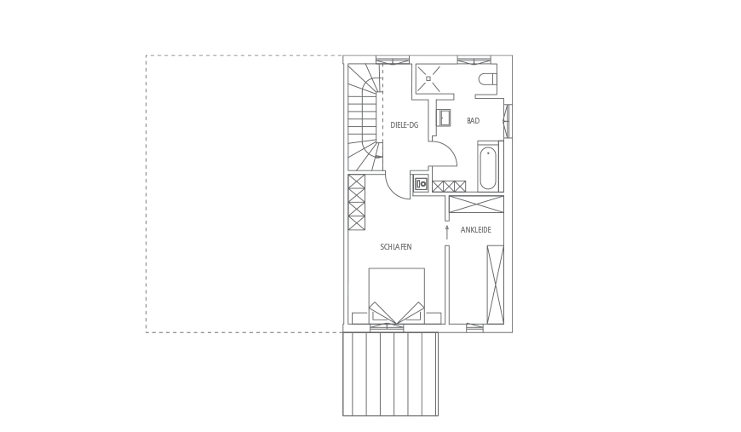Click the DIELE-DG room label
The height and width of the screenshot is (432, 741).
point(404,125)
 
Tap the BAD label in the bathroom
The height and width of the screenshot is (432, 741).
point(473,121)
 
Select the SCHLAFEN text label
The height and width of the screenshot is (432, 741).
point(396,247)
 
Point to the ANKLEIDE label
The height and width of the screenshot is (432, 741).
point(476,230)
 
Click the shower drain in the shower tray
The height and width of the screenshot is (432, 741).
point(428,78)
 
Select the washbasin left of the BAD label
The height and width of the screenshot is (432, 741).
point(445,118)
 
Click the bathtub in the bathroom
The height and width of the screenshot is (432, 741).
point(487,168)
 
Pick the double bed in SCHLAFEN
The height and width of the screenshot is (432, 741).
point(396,296)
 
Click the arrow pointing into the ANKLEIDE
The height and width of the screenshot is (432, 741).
point(446,233)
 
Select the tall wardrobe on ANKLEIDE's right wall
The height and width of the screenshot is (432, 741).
point(495,285)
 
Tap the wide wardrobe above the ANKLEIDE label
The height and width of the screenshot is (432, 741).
point(476,204)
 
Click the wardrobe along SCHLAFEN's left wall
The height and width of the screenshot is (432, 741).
point(357,202)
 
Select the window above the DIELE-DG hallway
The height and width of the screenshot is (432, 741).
point(393,60)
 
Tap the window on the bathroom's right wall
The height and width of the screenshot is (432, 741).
point(508,121)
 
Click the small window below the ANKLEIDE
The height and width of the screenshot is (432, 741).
point(474,327)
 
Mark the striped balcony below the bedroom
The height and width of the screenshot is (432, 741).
point(390,374)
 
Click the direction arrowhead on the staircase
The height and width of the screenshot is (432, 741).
point(378,156)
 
